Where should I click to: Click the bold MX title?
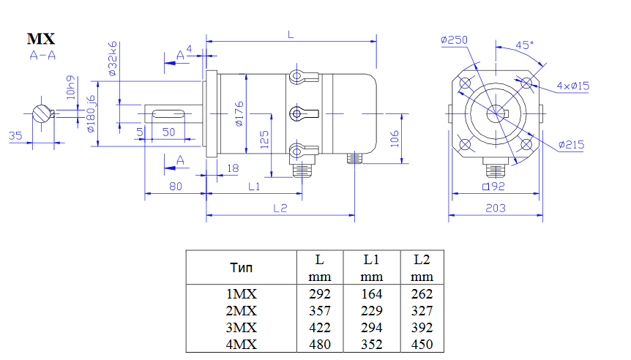point(41,39)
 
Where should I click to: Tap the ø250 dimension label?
point(454,40)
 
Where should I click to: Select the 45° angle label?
point(524,45)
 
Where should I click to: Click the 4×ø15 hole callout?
point(572,86)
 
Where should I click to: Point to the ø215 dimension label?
point(571,145)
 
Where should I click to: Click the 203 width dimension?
point(496,208)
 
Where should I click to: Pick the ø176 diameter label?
point(239,114)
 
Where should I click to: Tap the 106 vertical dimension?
point(395,138)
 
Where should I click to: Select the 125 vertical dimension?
point(264,139)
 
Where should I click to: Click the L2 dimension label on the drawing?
point(280,208)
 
